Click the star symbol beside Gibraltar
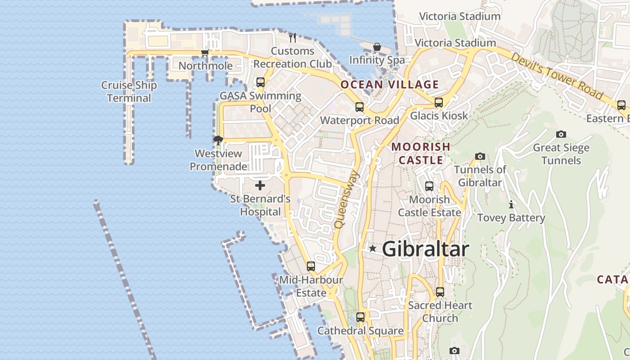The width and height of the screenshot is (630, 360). click(x=373, y=248)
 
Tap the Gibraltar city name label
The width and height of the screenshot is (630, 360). click(x=425, y=249)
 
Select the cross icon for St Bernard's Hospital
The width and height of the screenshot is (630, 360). click(x=260, y=185)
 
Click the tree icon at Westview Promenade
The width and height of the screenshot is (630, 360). click(x=218, y=140)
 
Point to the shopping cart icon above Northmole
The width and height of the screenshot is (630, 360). click(x=205, y=53)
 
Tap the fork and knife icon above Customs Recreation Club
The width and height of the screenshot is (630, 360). click(x=292, y=37)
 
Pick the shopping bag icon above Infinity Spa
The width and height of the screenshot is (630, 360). click(x=377, y=47)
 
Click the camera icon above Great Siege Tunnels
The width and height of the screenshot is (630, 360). click(x=561, y=134)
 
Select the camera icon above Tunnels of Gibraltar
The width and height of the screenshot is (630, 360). click(x=480, y=157)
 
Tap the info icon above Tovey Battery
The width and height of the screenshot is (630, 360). click(x=511, y=205)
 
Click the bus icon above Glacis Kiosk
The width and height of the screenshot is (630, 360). click(x=439, y=103)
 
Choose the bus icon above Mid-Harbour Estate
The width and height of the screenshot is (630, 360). click(x=311, y=266)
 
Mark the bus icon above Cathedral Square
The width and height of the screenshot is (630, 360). click(x=360, y=317)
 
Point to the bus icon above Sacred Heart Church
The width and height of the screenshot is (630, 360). click(x=440, y=292)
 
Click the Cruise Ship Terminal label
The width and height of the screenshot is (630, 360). click(x=129, y=91)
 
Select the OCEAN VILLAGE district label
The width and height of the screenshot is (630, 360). click(x=389, y=85)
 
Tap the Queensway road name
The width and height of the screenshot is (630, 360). click(x=347, y=198)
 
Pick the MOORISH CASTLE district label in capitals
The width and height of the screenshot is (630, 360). click(x=421, y=153)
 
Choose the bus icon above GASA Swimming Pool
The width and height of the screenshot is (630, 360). click(x=261, y=82)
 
